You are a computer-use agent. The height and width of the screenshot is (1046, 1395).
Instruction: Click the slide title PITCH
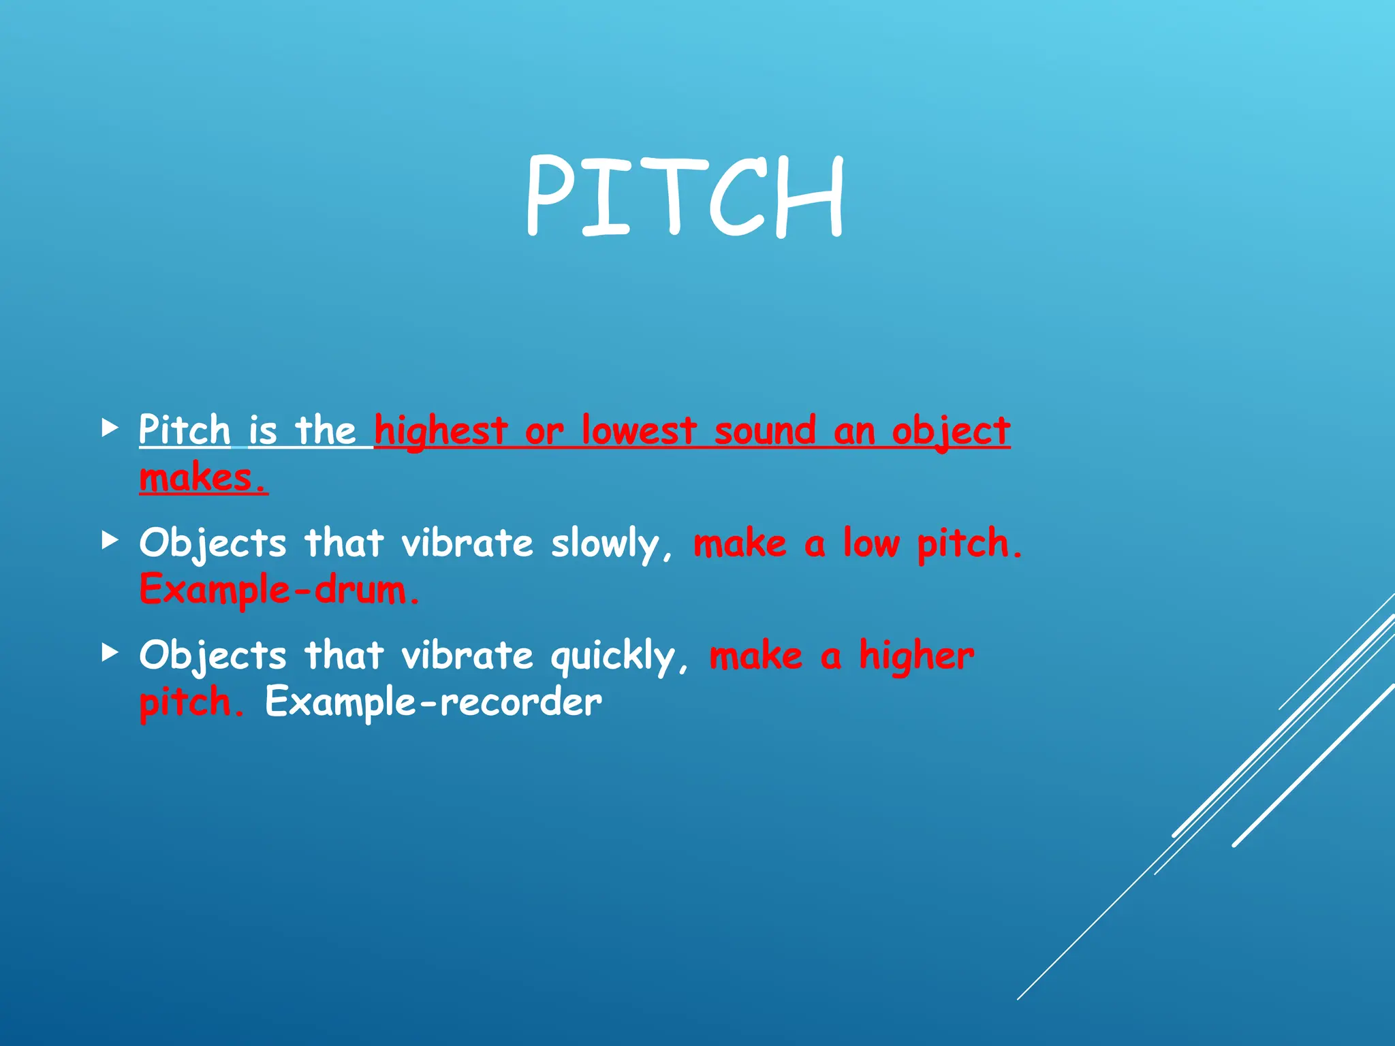(685, 196)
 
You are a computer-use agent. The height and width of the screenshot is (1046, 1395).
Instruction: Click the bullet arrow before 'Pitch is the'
(110, 428)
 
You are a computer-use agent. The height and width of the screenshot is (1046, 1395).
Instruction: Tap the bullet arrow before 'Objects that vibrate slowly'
(110, 541)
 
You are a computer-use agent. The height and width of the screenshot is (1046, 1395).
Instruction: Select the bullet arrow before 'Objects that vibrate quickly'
(110, 653)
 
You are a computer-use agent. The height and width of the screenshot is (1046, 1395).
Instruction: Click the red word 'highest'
(441, 431)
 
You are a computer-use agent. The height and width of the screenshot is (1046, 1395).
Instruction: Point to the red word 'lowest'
(639, 431)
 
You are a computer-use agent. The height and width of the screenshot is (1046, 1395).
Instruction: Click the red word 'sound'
(765, 431)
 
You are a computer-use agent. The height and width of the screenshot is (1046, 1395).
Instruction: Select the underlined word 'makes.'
(203, 477)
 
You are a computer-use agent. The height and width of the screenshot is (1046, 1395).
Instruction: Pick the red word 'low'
(872, 543)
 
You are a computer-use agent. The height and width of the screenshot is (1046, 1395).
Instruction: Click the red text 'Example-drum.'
(280, 590)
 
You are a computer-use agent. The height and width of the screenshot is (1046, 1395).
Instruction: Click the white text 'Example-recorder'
(433, 702)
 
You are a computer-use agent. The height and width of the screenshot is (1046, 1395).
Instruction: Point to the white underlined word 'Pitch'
(185, 430)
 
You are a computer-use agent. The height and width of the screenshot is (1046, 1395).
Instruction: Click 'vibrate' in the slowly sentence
(467, 543)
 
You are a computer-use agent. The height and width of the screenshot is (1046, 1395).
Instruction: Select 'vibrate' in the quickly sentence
(467, 655)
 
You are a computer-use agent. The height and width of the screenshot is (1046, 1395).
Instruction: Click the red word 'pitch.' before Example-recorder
(191, 703)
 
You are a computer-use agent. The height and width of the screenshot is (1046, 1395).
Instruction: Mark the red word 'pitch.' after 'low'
(969, 544)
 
